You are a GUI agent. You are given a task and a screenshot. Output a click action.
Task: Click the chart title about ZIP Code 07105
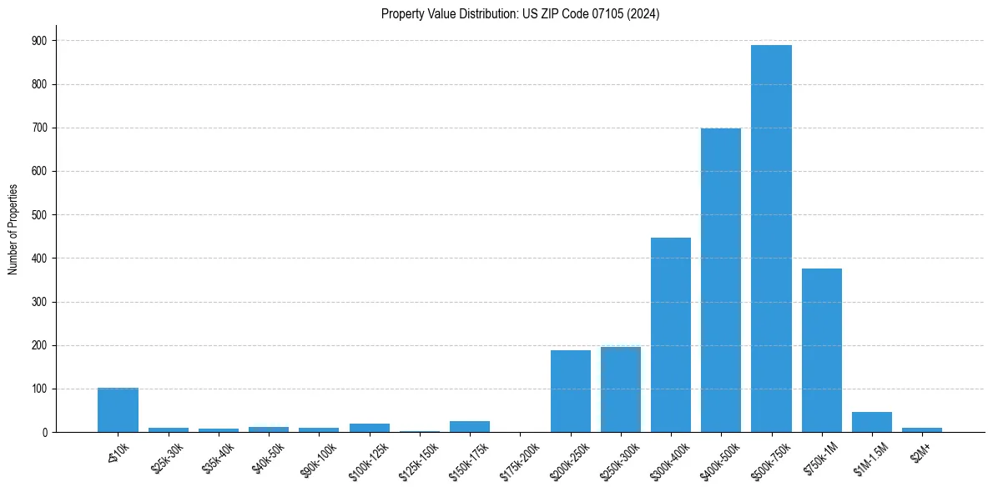(520, 14)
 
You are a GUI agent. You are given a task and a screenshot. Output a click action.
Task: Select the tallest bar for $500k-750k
(771, 238)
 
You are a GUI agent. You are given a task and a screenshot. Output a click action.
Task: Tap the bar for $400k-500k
(721, 280)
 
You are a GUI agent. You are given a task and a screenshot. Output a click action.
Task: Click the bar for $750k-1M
(822, 350)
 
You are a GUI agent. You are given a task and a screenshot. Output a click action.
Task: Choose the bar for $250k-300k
(621, 389)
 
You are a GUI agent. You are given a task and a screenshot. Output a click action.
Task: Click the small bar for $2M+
(922, 429)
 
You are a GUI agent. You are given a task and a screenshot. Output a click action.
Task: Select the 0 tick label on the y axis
(44, 433)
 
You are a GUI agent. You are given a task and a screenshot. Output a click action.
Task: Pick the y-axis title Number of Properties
(13, 229)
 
